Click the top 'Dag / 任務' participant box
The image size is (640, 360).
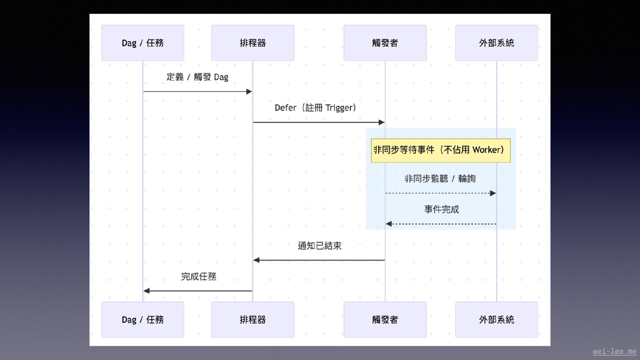[x=143, y=43]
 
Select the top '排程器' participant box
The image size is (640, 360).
[x=253, y=43]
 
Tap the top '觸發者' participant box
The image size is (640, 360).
[x=385, y=43]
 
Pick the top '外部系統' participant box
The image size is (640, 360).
[x=496, y=43]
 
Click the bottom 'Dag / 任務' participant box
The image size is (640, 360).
[x=143, y=319]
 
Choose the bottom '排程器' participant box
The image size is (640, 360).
[x=253, y=319]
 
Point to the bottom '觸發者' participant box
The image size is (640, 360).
[x=385, y=319]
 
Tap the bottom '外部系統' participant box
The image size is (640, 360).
[x=496, y=319]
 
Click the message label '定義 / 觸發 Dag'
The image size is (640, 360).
[x=197, y=77]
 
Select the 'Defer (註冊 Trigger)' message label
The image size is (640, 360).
[x=315, y=108]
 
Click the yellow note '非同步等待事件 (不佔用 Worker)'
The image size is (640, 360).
[x=440, y=150]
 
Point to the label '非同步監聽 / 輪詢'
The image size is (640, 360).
[x=440, y=179]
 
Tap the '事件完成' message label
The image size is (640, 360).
[x=441, y=209]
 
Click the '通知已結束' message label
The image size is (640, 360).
[x=319, y=246]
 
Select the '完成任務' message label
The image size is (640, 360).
[x=198, y=276]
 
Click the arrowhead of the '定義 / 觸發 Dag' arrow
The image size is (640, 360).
[x=249, y=91]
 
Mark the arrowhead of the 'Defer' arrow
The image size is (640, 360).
[x=382, y=122]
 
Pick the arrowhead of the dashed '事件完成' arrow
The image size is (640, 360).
[x=389, y=224]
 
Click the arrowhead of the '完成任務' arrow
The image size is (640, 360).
[x=147, y=291]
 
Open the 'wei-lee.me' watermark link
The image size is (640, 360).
[x=614, y=351]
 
